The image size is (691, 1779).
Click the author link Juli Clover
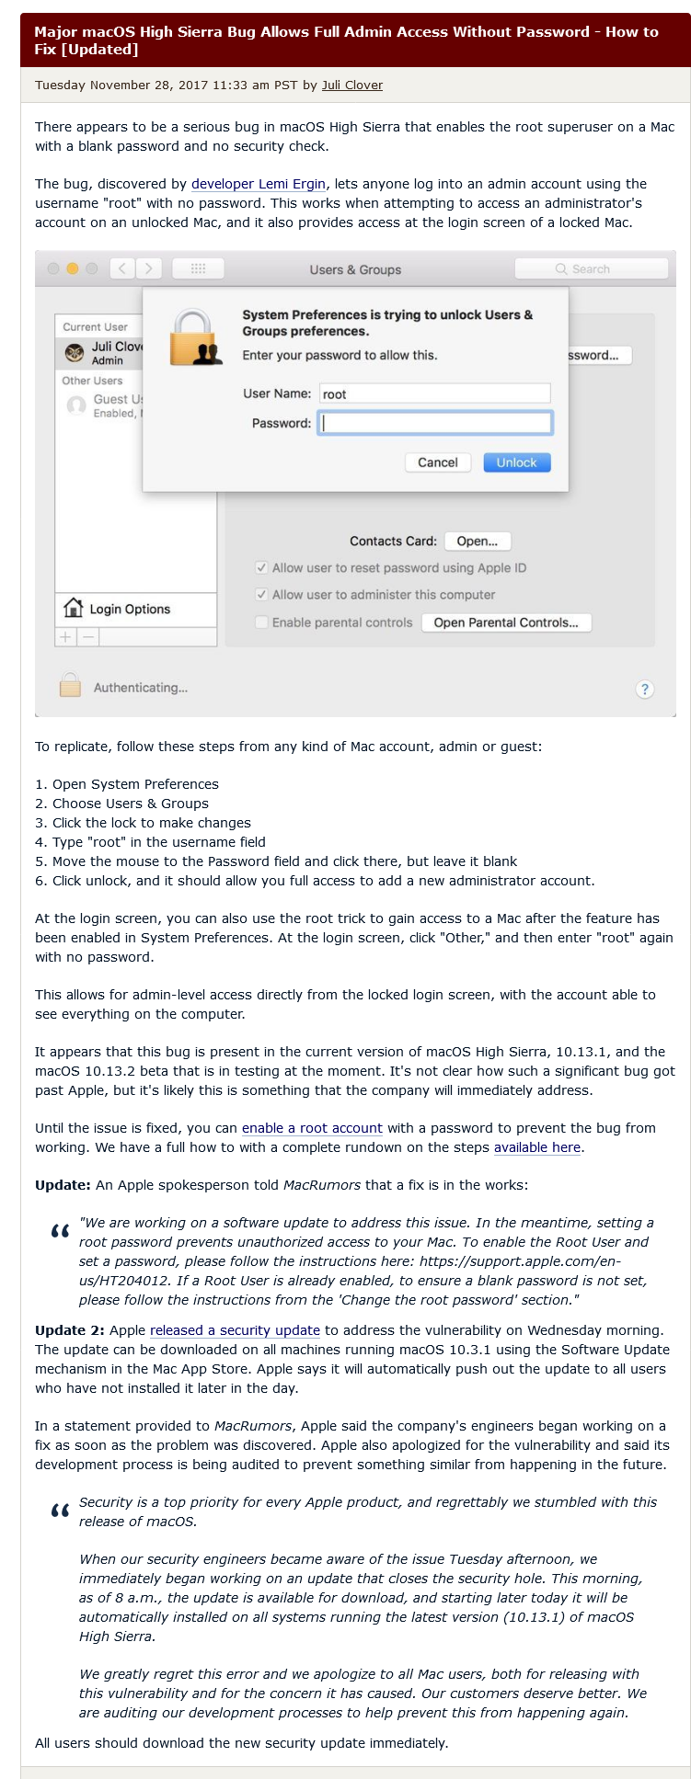pos(351,86)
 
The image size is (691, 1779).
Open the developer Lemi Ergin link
pos(258,184)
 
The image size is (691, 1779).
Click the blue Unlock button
pos(516,462)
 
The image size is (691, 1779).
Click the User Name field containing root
pos(434,393)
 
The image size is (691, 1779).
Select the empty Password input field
pos(434,423)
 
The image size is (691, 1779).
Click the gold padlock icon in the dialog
pos(195,338)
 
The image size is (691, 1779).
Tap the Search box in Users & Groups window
pos(591,269)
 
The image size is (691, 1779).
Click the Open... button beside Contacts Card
pos(477,542)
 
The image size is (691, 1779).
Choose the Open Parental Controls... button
pos(506,622)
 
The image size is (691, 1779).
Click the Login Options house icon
pos(73,608)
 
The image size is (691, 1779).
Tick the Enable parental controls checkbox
pos(262,622)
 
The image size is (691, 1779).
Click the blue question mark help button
pos(645,689)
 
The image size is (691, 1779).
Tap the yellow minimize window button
pos(73,268)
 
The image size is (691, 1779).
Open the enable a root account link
pos(312,1128)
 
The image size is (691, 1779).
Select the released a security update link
pos(235,1330)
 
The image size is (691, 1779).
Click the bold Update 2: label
pos(70,1330)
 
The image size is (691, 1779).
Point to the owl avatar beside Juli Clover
pos(75,353)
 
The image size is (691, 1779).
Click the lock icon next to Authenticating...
pos(70,686)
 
